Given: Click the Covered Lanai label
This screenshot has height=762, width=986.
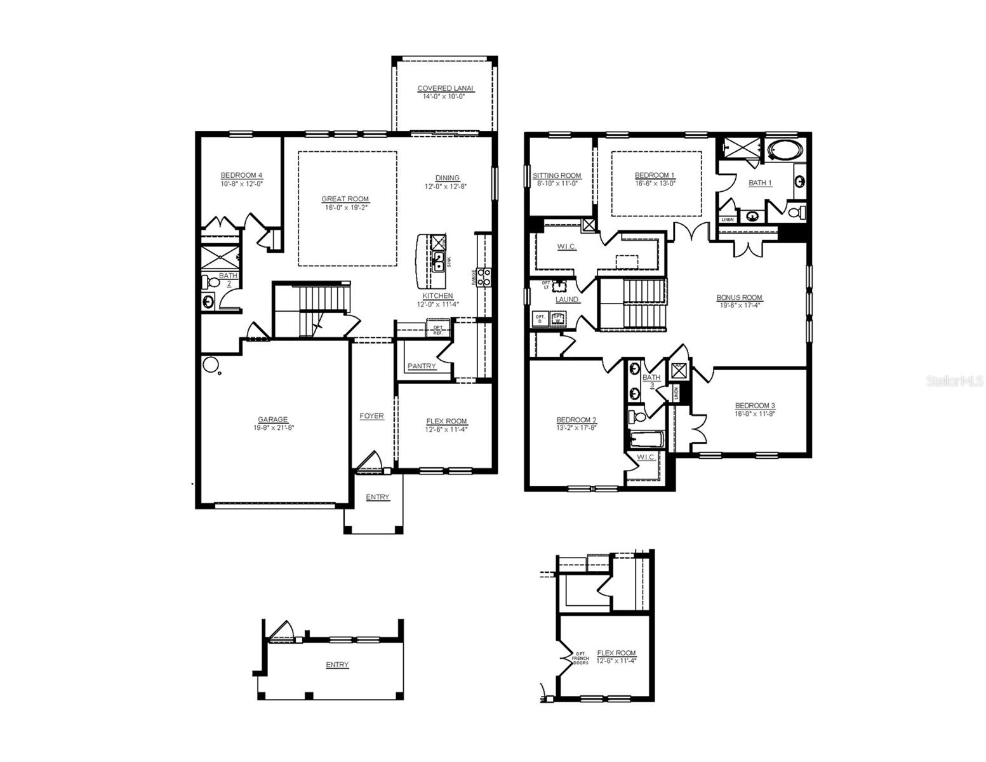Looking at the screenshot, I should click(x=445, y=88).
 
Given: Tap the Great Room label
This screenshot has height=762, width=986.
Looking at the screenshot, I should click(x=345, y=199).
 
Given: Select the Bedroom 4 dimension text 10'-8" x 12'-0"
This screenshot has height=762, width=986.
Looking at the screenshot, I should click(x=241, y=184).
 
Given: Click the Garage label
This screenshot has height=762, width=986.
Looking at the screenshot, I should click(x=272, y=419).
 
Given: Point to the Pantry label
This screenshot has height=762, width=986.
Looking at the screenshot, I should click(x=422, y=366).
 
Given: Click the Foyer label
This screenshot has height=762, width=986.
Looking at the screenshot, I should click(x=371, y=416).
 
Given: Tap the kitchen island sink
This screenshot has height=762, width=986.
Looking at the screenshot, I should click(x=438, y=260).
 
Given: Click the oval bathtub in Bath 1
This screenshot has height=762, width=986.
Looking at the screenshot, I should click(x=785, y=150).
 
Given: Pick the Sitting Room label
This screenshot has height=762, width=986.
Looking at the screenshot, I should click(x=557, y=176).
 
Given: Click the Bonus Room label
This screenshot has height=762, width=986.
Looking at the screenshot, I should click(x=739, y=297).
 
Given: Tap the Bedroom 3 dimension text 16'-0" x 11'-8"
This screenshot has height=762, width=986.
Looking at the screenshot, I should click(x=755, y=413).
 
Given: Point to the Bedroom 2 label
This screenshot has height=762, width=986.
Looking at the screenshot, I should click(x=576, y=420).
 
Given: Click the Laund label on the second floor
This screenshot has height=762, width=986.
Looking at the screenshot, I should click(x=566, y=299).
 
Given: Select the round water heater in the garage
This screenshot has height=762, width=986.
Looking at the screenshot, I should click(x=210, y=364).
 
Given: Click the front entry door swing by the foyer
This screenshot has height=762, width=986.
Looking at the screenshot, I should click(x=370, y=462).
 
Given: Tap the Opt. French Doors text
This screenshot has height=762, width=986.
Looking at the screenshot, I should click(x=580, y=658).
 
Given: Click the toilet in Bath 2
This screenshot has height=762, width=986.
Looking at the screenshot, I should click(x=210, y=281).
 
